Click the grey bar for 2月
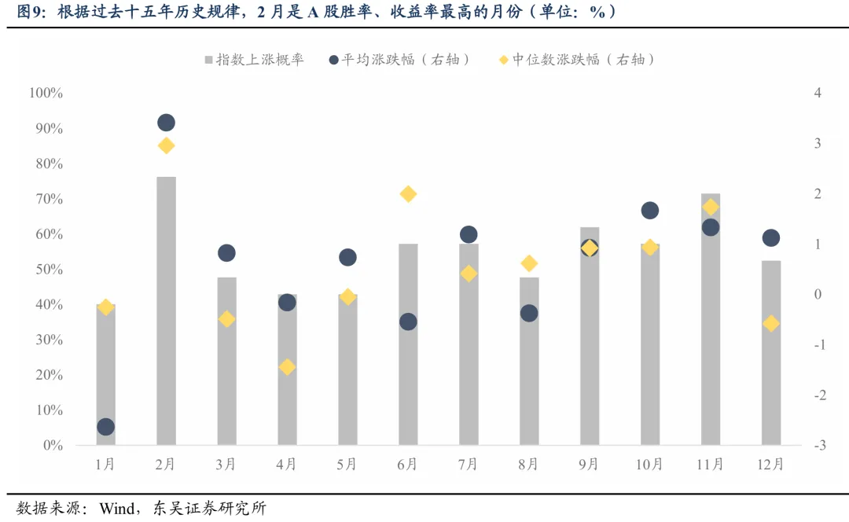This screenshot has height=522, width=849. click(x=166, y=311)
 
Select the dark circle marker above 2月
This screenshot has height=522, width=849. click(x=166, y=123)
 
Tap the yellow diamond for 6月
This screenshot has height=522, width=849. click(x=408, y=194)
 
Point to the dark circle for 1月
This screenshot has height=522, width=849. click(x=106, y=427)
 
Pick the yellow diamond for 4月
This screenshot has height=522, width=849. click(x=287, y=367)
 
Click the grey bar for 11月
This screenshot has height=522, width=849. click(x=711, y=318)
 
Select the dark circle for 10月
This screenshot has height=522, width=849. click(x=650, y=211)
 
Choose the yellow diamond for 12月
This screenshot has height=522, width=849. click(x=771, y=324)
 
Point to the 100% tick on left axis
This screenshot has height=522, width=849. click(x=46, y=93)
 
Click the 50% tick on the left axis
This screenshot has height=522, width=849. click(x=49, y=270)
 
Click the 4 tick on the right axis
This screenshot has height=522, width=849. click(x=818, y=93)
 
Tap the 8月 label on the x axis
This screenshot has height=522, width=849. click(x=529, y=465)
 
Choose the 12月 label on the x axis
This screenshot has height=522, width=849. click(x=771, y=465)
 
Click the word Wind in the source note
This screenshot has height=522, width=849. click(x=116, y=509)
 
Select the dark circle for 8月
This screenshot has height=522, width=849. click(x=529, y=313)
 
